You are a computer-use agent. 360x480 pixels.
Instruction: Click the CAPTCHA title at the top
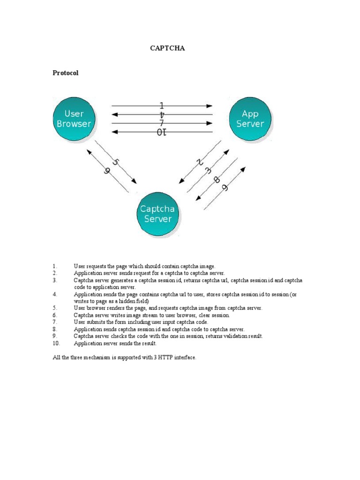[x=167, y=48]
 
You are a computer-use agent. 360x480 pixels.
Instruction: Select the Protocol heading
[x=66, y=73]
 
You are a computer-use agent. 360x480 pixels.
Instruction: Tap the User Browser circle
[x=74, y=119]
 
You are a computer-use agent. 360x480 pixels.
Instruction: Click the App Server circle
[x=250, y=119]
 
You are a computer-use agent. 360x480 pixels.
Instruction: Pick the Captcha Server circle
[x=158, y=214]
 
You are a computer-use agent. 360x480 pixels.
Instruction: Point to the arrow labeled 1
[x=162, y=105]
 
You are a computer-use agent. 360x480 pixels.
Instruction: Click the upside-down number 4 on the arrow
[x=162, y=115]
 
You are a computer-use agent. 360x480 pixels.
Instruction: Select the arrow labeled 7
[x=162, y=123]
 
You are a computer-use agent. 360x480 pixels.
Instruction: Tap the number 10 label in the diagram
[x=162, y=133]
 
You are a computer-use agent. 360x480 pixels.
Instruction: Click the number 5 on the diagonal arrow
[x=116, y=162]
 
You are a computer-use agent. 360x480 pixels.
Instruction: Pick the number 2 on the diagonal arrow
[x=199, y=162]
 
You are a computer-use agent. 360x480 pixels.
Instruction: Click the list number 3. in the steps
[x=55, y=280]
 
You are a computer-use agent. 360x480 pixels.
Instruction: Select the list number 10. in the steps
[x=56, y=343]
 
